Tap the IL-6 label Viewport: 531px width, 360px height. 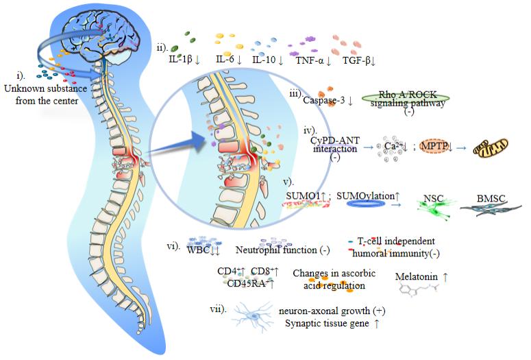225,60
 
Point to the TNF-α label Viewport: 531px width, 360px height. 310,60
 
